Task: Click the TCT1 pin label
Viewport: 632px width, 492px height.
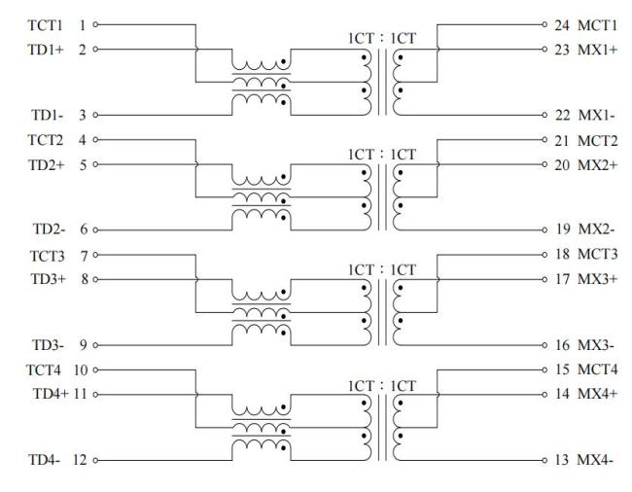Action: (45, 25)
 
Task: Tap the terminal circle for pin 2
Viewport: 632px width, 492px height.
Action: (95, 50)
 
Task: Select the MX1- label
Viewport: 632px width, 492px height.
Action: (597, 116)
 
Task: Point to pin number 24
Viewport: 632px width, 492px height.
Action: (561, 25)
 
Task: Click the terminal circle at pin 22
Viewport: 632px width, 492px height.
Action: (544, 115)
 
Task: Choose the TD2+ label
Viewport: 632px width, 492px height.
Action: (46, 164)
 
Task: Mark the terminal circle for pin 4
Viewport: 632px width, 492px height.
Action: (95, 140)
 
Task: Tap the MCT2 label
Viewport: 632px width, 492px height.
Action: (597, 141)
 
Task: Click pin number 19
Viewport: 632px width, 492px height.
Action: (563, 229)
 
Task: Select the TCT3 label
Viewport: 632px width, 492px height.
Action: (48, 256)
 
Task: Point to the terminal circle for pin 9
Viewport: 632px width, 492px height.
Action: (95, 345)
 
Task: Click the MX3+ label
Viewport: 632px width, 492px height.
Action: (597, 279)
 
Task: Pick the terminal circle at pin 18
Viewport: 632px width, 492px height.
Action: (544, 255)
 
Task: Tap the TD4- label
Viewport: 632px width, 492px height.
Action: (44, 459)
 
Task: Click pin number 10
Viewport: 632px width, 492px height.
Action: (80, 369)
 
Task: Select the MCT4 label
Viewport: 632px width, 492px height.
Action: (597, 369)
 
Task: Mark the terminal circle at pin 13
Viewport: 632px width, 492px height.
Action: (544, 460)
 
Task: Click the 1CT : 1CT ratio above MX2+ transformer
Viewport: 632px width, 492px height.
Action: (382, 155)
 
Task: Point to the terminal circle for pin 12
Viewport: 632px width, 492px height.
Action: (95, 460)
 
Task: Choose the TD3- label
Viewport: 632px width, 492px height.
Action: (48, 345)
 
